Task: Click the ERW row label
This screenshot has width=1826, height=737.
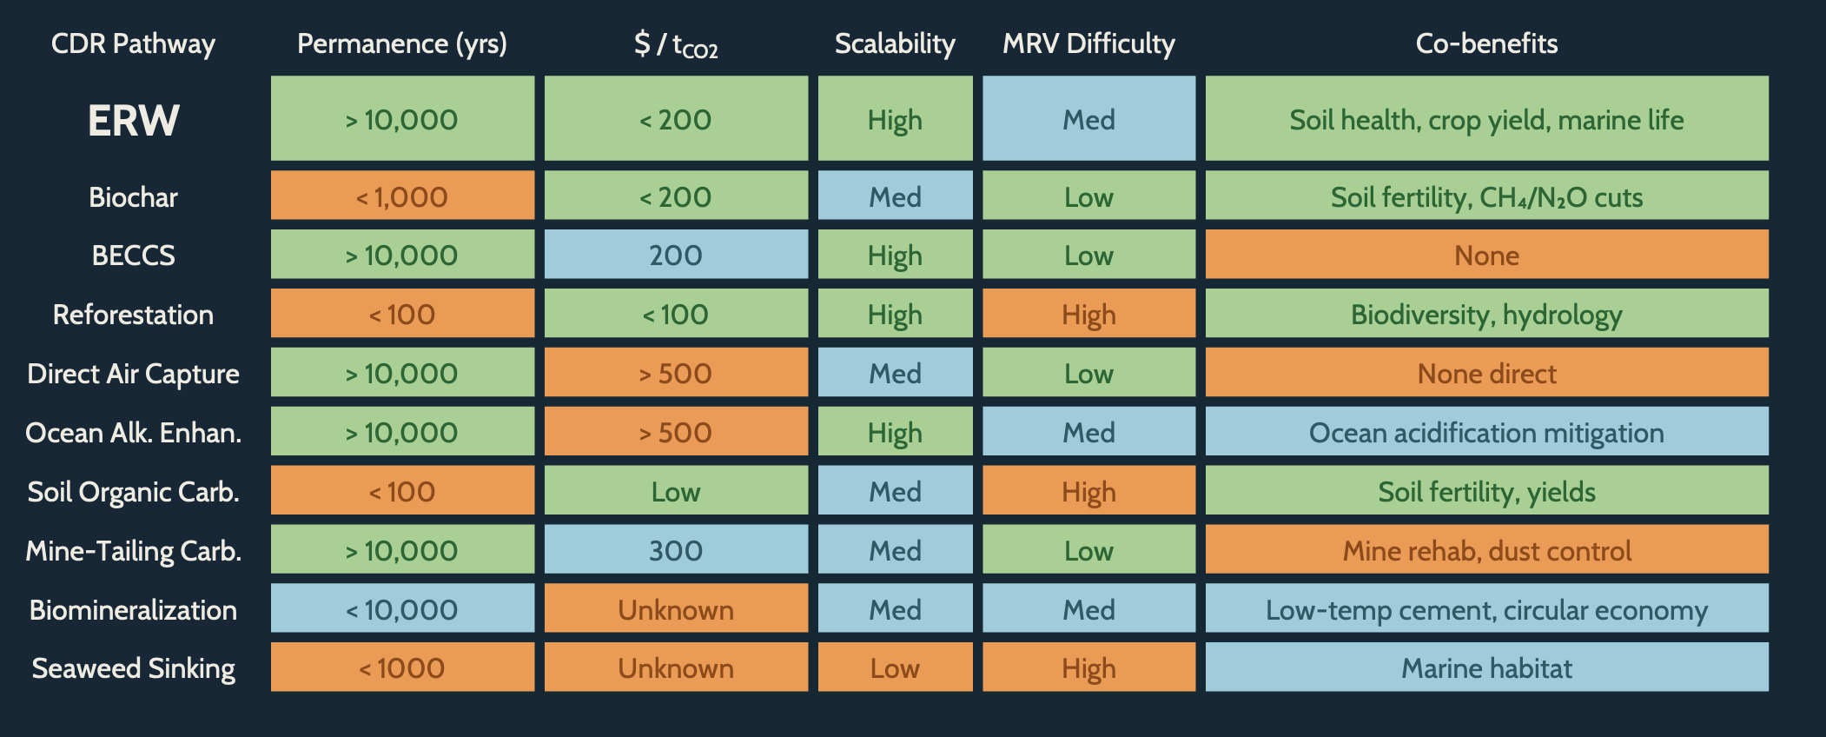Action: [x=133, y=120]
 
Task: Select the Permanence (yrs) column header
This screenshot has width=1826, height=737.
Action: [x=401, y=43]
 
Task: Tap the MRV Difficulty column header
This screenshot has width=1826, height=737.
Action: [x=1088, y=43]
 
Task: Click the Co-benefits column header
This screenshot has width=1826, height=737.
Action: [x=1486, y=43]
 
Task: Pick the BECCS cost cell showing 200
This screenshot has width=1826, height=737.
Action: [x=676, y=256]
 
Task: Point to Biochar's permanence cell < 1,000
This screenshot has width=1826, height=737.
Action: [x=401, y=197]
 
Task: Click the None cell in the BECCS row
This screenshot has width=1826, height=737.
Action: [x=1486, y=256]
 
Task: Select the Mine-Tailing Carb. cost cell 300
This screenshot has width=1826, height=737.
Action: [x=676, y=551]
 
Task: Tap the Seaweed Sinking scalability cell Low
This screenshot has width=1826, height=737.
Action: [x=895, y=668]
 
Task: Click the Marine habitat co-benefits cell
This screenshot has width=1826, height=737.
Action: [x=1486, y=668]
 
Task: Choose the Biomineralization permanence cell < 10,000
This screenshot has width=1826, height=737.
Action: [x=401, y=610]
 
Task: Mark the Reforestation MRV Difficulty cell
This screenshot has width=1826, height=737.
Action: [x=1088, y=315]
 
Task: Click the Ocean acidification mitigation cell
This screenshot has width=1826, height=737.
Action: [x=1486, y=433]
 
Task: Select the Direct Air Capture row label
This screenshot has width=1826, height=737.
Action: [x=133, y=374]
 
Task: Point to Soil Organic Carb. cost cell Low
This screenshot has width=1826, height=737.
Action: [x=676, y=492]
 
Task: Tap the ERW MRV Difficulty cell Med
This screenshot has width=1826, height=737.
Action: [x=1088, y=120]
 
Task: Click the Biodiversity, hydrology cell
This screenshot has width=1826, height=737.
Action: [x=1486, y=315]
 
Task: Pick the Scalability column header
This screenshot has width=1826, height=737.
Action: [x=895, y=43]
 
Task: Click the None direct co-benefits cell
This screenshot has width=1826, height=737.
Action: [x=1486, y=374]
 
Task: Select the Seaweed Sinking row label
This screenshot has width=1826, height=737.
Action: [x=133, y=668]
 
